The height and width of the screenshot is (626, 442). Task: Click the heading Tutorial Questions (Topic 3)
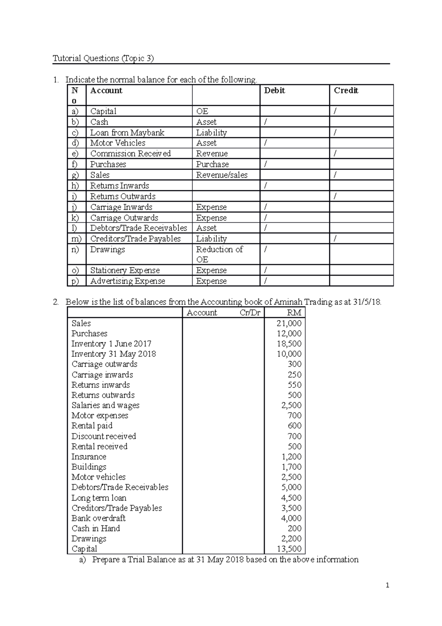(x=103, y=58)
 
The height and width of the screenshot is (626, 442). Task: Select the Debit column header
(x=274, y=91)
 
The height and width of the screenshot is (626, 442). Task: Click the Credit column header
(x=346, y=91)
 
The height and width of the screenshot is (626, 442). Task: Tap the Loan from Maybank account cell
(x=127, y=133)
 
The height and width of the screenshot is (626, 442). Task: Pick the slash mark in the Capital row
(x=335, y=111)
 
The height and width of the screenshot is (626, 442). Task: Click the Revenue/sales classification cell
(x=222, y=175)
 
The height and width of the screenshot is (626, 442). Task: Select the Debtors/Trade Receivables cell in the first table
(x=138, y=228)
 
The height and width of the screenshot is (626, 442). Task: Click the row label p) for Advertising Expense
(x=75, y=281)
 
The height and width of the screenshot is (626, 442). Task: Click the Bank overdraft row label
(x=98, y=518)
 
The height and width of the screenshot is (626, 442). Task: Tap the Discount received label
(x=104, y=436)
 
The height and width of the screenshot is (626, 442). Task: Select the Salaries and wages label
(x=105, y=405)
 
